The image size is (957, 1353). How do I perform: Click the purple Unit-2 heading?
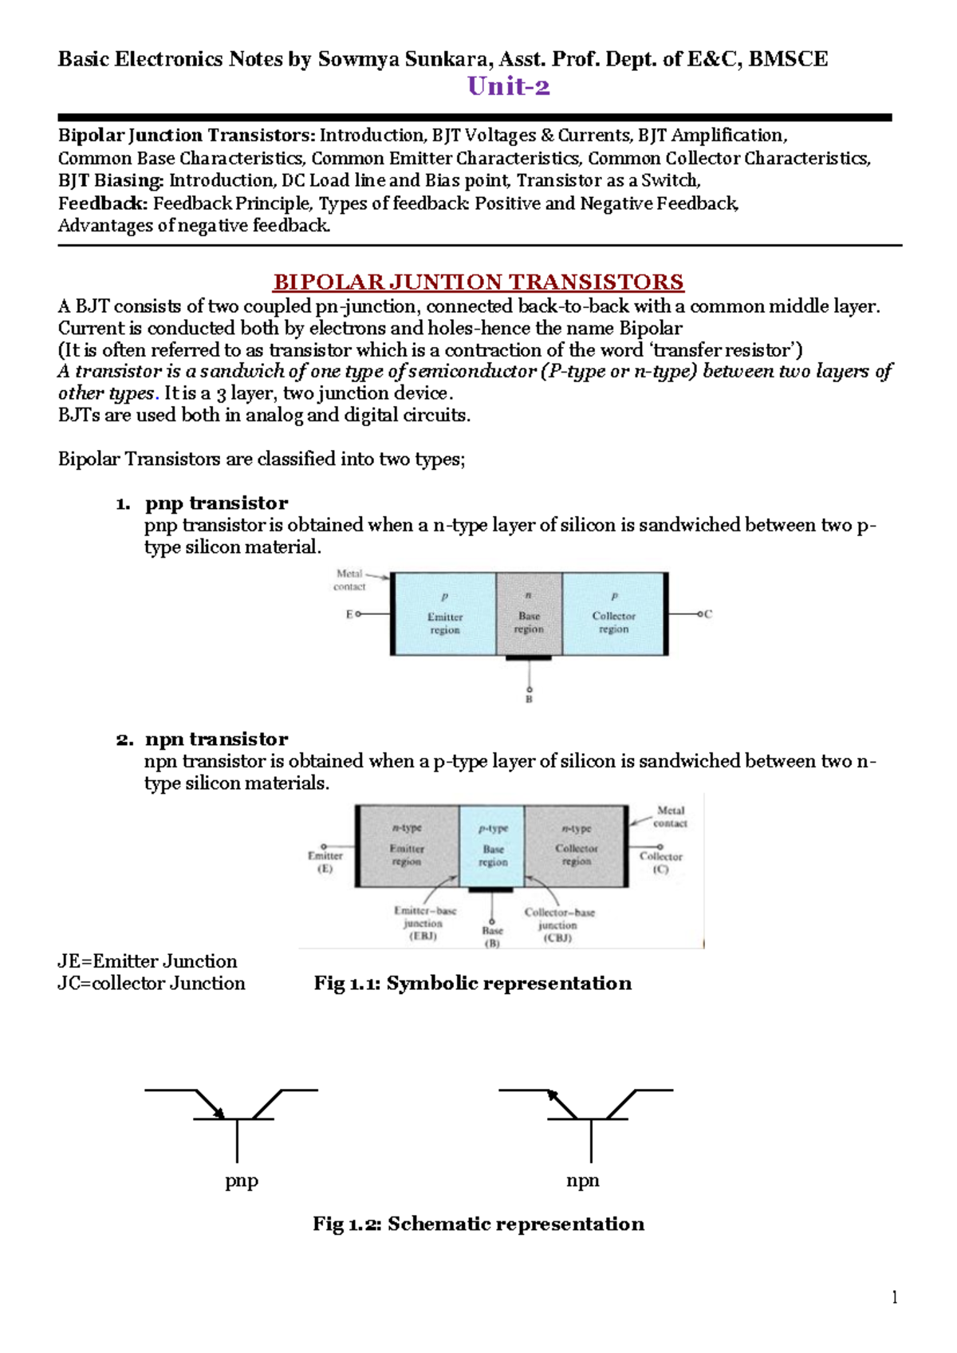point(508,86)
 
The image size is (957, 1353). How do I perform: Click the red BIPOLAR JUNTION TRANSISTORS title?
point(478,282)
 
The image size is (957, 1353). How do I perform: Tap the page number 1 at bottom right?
point(894,1297)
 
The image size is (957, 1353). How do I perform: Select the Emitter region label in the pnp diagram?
point(445,623)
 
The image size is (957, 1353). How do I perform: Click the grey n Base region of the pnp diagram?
point(529,613)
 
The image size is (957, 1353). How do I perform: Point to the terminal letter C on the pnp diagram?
point(708,613)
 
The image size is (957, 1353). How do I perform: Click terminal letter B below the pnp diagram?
point(529,699)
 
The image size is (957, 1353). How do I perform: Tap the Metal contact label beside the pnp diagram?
point(350,580)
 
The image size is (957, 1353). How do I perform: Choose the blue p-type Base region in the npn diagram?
point(492,846)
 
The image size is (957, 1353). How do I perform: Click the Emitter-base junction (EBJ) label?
point(425,924)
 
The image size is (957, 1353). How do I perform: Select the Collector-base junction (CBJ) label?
point(559,925)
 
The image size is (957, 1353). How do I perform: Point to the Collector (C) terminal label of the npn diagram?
point(660,862)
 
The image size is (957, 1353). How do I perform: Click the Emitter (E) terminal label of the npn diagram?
point(325,862)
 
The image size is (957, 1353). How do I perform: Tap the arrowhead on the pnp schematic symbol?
point(219,1111)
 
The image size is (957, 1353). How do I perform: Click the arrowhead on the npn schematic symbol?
point(552,1095)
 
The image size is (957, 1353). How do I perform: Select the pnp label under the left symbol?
point(242,1180)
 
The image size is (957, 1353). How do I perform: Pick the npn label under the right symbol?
point(583,1180)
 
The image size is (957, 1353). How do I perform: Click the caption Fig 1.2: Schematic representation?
point(478,1224)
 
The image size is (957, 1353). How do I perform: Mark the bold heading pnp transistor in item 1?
point(216,503)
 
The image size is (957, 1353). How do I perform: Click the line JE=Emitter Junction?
point(148,961)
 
